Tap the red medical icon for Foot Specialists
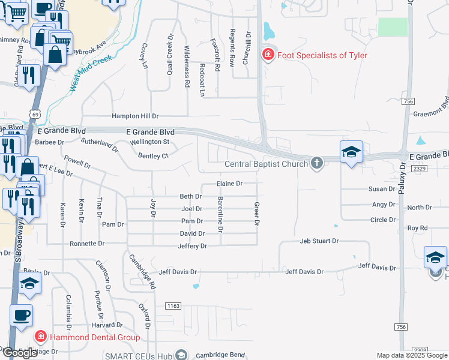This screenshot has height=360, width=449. coord(268,55)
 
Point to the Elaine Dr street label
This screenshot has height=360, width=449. coord(229,184)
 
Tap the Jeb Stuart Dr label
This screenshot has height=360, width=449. coord(319,241)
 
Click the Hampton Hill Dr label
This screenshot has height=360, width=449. coord(134,116)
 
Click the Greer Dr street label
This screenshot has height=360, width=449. coord(256,214)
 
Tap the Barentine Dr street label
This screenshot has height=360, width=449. coord(220,214)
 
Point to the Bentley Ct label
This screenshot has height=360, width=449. coord(152,156)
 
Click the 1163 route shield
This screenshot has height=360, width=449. coord(173,306)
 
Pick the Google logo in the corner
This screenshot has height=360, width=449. coord(20,353)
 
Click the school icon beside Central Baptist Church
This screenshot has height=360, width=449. coord(351,152)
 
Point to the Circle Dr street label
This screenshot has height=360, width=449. coord(383,220)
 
